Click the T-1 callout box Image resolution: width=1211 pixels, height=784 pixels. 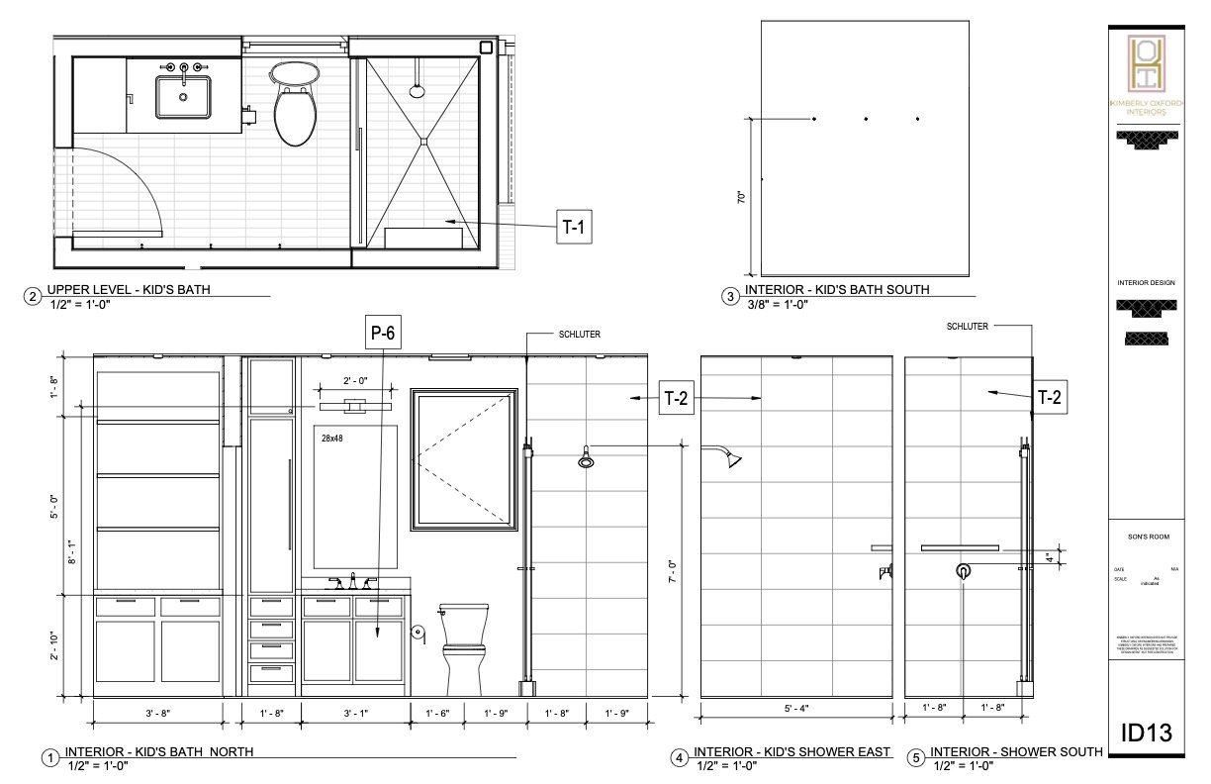point(574,228)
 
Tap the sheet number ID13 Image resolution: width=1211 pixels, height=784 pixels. point(1146,733)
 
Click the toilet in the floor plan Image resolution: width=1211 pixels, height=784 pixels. point(294,104)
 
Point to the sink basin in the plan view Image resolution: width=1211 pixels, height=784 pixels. point(183,97)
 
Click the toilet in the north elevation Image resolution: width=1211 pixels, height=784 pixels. point(463,647)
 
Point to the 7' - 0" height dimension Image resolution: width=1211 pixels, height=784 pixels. point(671,570)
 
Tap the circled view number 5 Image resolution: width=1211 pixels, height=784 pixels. point(916,758)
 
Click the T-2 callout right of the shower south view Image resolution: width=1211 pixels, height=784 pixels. point(1049,397)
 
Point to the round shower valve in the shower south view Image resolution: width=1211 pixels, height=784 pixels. point(963,571)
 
